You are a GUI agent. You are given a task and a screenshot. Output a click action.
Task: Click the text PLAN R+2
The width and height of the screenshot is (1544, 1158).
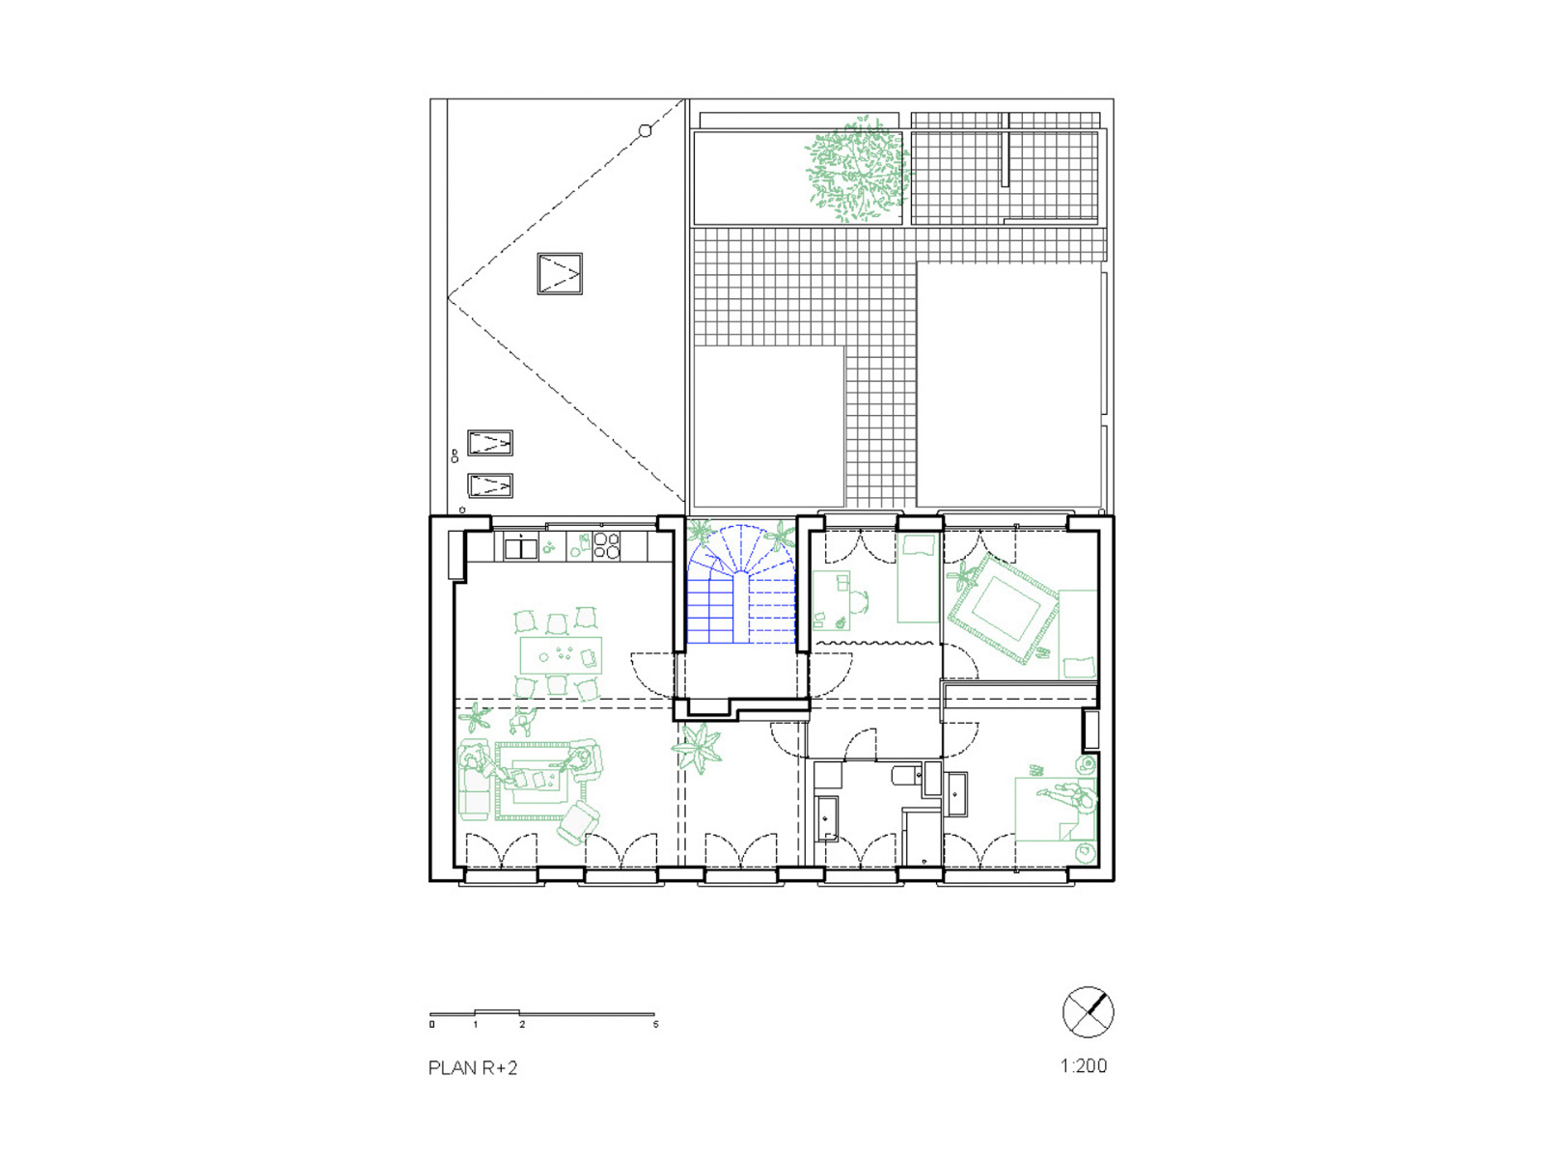pyautogui.click(x=473, y=1067)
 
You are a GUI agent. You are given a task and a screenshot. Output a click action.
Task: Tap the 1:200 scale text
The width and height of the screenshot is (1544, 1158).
pyautogui.click(x=1083, y=1065)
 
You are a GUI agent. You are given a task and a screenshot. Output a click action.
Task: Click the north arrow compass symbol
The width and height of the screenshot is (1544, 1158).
pyautogui.click(x=1088, y=1012)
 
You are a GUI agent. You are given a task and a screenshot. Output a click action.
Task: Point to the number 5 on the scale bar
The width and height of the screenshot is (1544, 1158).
pyautogui.click(x=655, y=1024)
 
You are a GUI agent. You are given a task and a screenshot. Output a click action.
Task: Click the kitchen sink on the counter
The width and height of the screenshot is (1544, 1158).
pyautogui.click(x=520, y=548)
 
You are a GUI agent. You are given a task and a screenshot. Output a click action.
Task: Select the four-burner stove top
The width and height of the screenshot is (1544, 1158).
pyautogui.click(x=606, y=546)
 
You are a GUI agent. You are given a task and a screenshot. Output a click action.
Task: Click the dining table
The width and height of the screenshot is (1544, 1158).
pyautogui.click(x=561, y=655)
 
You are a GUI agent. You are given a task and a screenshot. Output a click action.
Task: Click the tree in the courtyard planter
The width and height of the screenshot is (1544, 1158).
pyautogui.click(x=855, y=172)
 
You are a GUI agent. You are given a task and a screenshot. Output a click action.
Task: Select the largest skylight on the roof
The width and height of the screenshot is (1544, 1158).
pyautogui.click(x=560, y=274)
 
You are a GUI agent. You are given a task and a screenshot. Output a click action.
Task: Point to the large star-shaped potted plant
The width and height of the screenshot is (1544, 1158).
pyautogui.click(x=697, y=747)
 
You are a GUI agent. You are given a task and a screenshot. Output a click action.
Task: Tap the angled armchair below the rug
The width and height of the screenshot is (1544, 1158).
pyautogui.click(x=577, y=822)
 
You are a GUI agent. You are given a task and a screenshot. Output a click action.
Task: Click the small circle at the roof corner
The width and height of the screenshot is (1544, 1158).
pyautogui.click(x=646, y=130)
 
